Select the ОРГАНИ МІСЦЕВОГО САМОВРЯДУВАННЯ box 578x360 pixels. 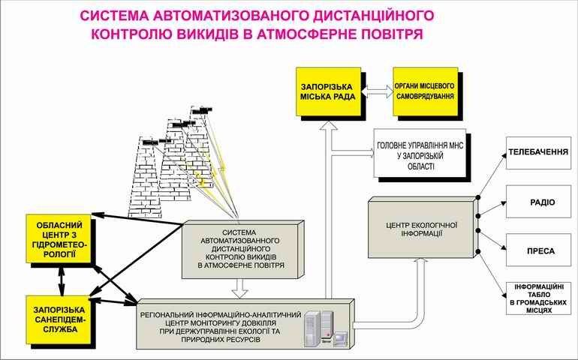(x=426, y=91)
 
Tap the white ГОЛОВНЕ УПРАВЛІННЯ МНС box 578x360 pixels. (x=420, y=153)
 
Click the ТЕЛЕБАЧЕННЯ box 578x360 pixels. (x=538, y=153)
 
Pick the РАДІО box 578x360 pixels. (x=538, y=202)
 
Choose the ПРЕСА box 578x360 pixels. (x=538, y=250)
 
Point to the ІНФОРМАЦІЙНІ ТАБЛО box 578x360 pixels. (x=538, y=298)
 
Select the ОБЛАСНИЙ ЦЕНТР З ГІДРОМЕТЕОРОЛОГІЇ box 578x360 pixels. (x=59, y=238)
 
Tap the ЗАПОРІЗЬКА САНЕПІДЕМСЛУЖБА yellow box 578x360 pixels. (x=59, y=320)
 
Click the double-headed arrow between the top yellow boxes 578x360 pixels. (x=377, y=91)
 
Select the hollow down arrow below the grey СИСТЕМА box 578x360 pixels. (x=239, y=288)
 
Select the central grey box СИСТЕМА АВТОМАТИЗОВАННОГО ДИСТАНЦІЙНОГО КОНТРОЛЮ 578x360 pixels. (x=243, y=250)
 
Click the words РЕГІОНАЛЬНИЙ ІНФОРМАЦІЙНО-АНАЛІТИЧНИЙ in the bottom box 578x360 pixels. (x=221, y=315)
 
